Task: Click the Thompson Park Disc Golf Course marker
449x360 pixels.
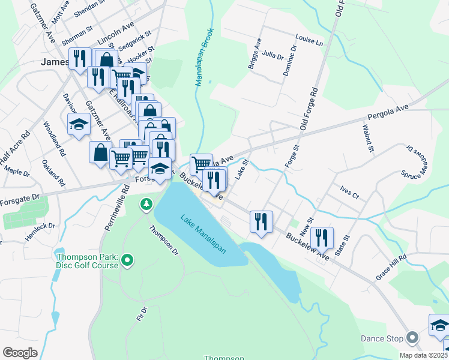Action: [127, 260]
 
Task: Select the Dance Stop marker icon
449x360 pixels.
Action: [412, 338]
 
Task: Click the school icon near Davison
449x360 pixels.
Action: [79, 125]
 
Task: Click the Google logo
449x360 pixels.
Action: [20, 353]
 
